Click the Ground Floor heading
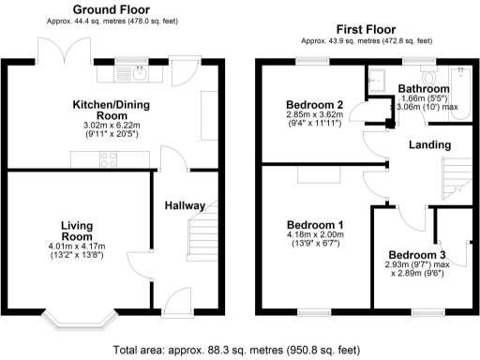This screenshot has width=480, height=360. tap(100, 9)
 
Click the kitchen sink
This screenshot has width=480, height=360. tap(128, 68)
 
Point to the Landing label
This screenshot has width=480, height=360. tap(428, 145)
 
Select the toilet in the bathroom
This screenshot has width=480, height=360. tap(430, 73)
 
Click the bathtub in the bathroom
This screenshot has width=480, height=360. tap(461, 89)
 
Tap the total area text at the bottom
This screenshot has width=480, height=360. tap(235, 351)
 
